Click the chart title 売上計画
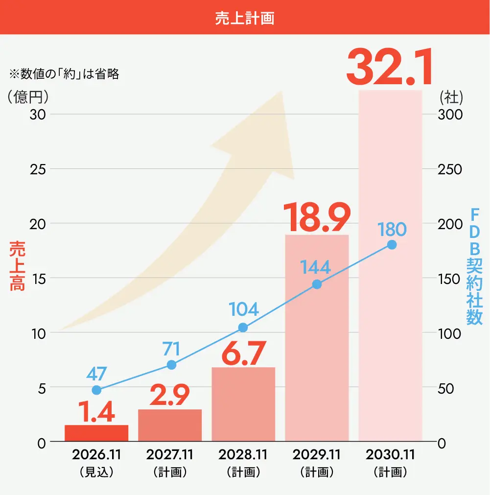245,18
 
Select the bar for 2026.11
96,433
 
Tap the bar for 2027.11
170,425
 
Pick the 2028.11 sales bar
243,404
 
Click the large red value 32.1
390,67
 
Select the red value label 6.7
244,353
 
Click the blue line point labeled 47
96,390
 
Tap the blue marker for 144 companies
317,284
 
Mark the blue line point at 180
392,245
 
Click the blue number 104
243,309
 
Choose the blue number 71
171,349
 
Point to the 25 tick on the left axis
38,169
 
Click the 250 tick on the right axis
449,169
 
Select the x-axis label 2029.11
317,454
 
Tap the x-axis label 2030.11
390,454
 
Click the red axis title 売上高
17,266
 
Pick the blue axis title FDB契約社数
474,266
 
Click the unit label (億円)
28,97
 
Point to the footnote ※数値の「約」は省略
64,74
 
